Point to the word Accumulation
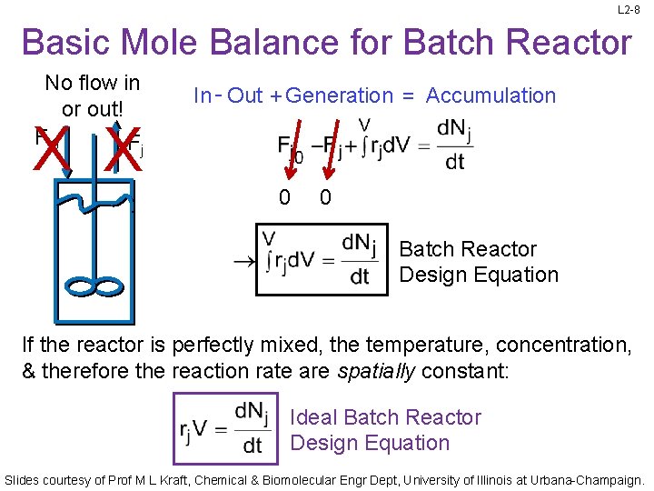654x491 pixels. tap(490, 95)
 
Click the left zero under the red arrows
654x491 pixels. tap(284, 197)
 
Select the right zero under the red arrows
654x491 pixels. tap(324, 197)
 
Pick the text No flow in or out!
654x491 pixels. tap(93, 95)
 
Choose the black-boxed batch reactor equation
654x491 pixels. tap(322, 260)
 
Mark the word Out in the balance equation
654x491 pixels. tap(245, 95)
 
